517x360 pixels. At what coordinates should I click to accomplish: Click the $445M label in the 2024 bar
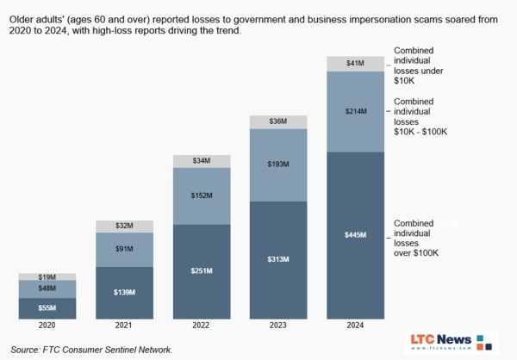355,235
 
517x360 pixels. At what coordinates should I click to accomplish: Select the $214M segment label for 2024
355,111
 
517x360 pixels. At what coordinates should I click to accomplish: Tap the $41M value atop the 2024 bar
355,63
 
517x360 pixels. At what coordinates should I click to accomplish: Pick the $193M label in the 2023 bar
278,164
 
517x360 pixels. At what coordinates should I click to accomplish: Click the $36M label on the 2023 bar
278,121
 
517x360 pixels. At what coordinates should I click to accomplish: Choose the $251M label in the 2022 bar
202,271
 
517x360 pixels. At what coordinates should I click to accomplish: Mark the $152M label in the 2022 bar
202,196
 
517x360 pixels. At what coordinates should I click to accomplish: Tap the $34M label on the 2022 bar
202,160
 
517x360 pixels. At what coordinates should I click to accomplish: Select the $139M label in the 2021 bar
124,293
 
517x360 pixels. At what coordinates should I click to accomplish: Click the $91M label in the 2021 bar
124,250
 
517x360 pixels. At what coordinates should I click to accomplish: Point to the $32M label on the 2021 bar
124,226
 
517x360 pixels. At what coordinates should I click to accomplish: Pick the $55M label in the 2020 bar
47,307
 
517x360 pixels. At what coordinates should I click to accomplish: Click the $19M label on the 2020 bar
47,276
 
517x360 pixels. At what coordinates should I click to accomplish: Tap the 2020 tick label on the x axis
47,326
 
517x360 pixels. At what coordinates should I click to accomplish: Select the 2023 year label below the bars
278,326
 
